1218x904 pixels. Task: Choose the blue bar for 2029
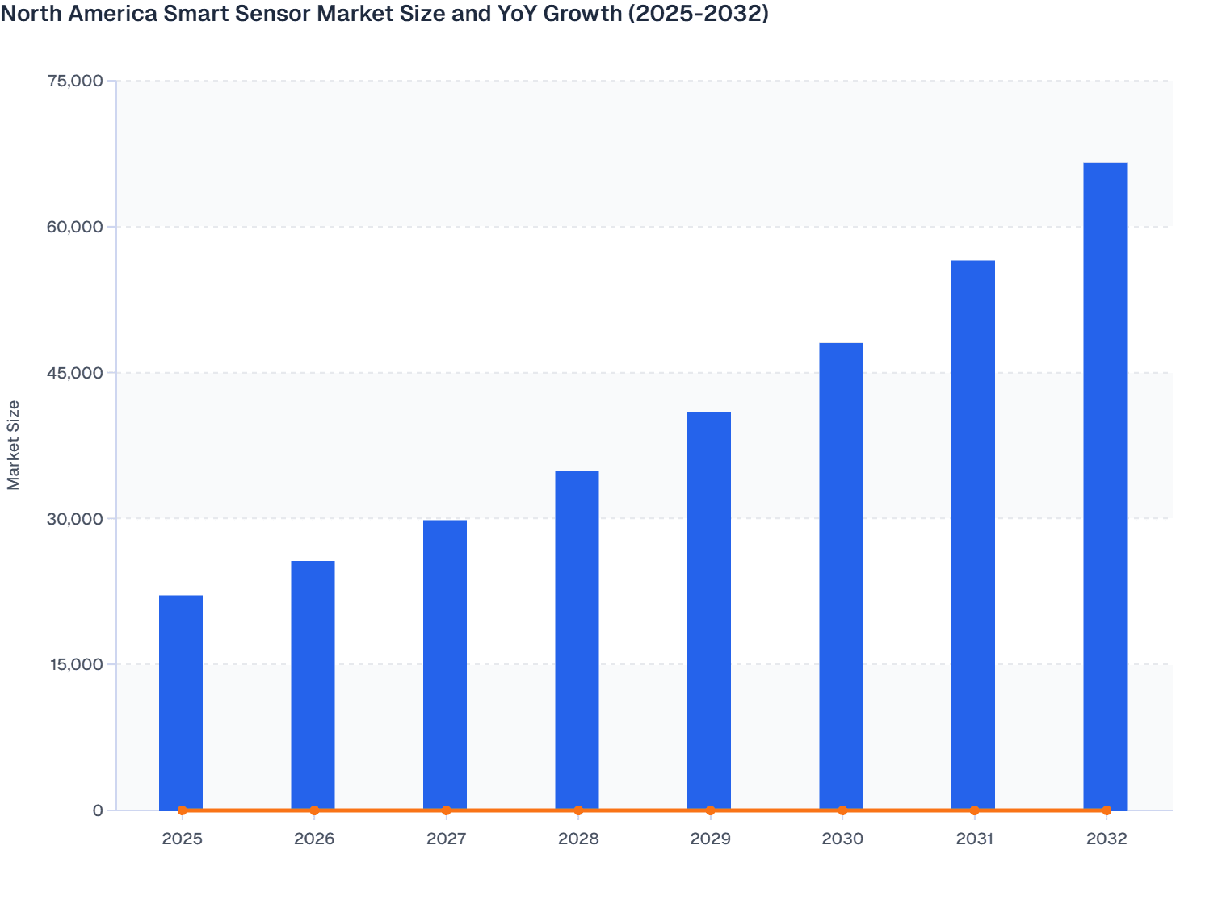click(x=709, y=609)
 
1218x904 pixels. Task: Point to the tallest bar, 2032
click(x=1105, y=485)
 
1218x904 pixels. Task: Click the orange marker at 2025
click(x=182, y=810)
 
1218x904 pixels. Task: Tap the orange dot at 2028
click(x=578, y=810)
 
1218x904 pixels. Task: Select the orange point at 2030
click(x=842, y=810)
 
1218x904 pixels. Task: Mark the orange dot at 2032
click(x=1107, y=810)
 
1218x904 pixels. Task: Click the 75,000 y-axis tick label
click(x=76, y=81)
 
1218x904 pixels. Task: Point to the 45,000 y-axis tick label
click(x=76, y=373)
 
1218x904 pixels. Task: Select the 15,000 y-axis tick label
click(x=76, y=664)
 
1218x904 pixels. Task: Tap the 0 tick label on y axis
click(x=98, y=810)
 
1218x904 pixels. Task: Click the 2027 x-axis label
click(x=446, y=839)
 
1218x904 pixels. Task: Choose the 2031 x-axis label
click(x=974, y=839)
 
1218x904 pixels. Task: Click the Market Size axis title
click(x=14, y=445)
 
